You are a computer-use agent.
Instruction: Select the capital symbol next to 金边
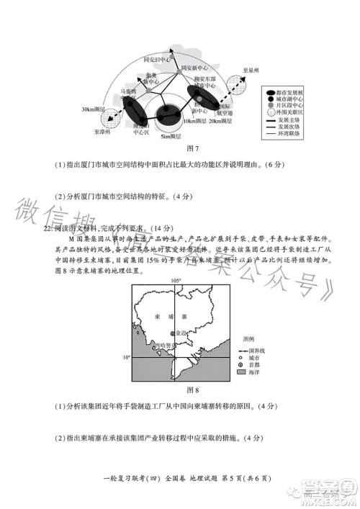172,333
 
